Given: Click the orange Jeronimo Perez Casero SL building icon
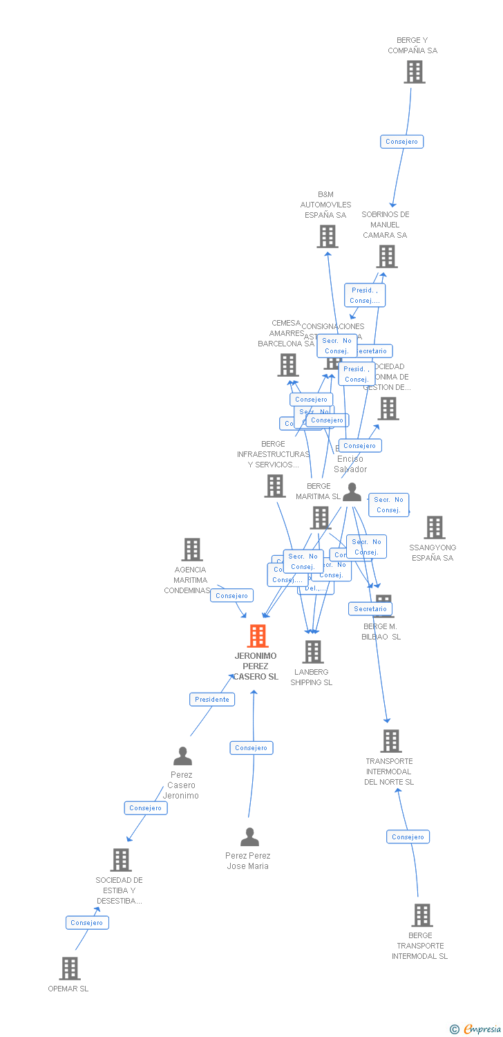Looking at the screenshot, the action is pyautogui.click(x=258, y=636).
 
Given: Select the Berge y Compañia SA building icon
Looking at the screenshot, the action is pyautogui.click(x=415, y=72).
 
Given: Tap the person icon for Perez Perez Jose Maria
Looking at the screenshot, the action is pyautogui.click(x=249, y=837).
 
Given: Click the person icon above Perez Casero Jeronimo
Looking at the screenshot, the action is pyautogui.click(x=182, y=756).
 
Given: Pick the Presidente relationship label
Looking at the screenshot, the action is pyautogui.click(x=212, y=700).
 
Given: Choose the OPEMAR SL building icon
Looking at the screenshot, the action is pyautogui.click(x=70, y=969).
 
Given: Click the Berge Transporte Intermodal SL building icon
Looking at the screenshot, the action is pyautogui.click(x=421, y=915).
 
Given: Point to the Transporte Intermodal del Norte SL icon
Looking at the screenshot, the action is pyautogui.click(x=391, y=741).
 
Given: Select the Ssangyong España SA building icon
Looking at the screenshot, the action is pyautogui.click(x=434, y=527).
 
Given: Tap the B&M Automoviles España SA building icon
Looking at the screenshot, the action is pyautogui.click(x=328, y=236).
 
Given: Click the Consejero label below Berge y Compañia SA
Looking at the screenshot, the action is pyautogui.click(x=401, y=142).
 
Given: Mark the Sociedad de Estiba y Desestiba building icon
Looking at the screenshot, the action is pyautogui.click(x=121, y=860).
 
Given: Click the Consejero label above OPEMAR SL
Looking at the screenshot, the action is pyautogui.click(x=87, y=922).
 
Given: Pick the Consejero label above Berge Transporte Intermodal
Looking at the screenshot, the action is pyautogui.click(x=408, y=837).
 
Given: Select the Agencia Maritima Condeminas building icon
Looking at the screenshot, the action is pyautogui.click(x=192, y=550).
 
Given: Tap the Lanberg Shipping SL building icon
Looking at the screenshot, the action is pyautogui.click(x=313, y=651).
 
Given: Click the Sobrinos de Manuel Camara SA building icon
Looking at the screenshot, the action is pyautogui.click(x=387, y=256).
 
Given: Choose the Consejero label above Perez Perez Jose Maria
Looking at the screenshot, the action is pyautogui.click(x=251, y=748).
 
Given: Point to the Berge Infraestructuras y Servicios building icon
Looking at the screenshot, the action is pyautogui.click(x=275, y=486).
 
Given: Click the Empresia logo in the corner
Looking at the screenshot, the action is pyautogui.click(x=477, y=1029).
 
